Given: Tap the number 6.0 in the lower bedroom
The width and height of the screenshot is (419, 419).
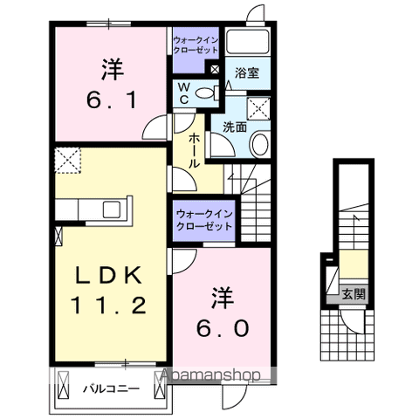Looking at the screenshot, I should pos(222,329).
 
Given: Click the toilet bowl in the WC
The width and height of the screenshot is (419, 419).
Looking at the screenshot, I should pos(207,93).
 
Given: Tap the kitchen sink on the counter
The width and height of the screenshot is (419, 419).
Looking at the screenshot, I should pos(112,209).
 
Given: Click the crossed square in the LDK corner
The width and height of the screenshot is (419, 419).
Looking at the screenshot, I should pos(67,158).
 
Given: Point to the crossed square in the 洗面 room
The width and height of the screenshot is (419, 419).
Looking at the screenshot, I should pos(259,108).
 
